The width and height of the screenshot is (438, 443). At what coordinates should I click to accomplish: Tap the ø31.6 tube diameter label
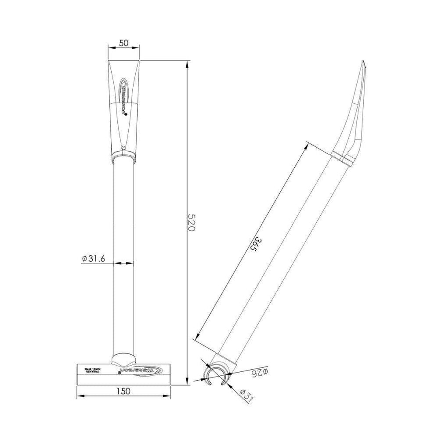pos(94,259)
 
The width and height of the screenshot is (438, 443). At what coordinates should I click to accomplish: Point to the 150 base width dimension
pos(123,392)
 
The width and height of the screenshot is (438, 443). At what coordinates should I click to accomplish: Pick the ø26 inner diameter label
pos(259,373)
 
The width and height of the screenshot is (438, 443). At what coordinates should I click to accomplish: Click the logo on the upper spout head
pos(123,99)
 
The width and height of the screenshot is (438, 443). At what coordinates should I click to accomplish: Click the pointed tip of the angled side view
pos(364,62)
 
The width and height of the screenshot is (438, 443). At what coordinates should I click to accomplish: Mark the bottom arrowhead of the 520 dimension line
pos(188,382)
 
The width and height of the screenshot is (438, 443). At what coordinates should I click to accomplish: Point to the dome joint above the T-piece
pos(123,358)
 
